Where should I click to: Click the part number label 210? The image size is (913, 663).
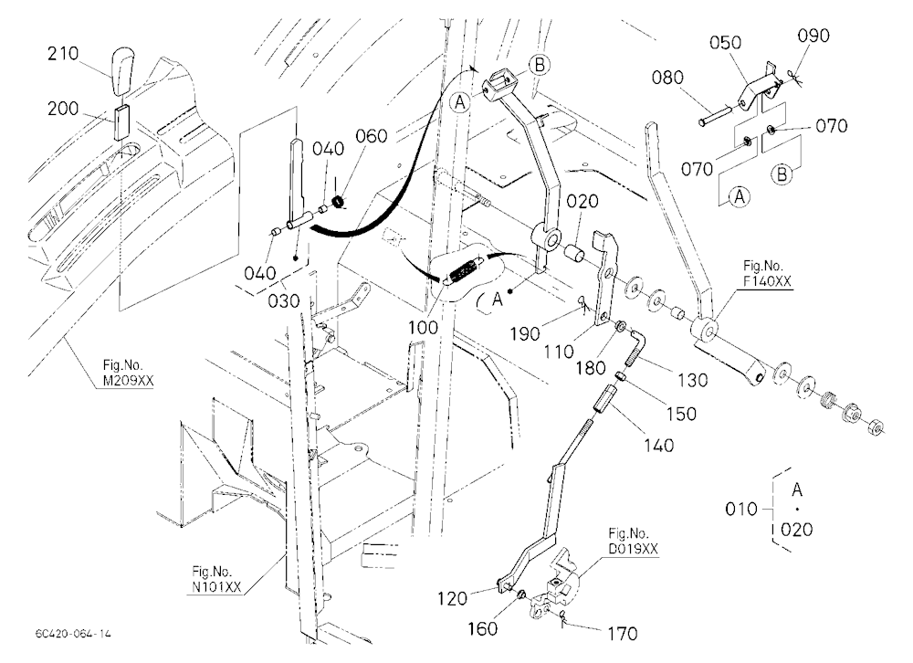(x=63, y=54)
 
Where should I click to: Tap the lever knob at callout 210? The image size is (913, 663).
(x=121, y=71)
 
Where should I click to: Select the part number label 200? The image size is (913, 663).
(x=63, y=109)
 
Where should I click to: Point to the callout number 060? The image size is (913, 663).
(x=371, y=136)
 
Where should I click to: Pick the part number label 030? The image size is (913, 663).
(x=284, y=301)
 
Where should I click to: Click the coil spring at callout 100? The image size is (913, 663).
(x=464, y=272)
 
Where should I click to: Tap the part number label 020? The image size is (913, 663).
(x=582, y=202)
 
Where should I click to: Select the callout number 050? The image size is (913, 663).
(x=726, y=43)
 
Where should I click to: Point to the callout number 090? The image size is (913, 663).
(x=813, y=36)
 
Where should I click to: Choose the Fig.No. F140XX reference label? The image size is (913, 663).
(x=767, y=274)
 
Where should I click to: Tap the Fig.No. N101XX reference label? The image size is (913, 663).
(x=216, y=579)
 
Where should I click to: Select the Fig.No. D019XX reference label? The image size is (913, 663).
(x=633, y=541)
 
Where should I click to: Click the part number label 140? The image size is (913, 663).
(x=658, y=446)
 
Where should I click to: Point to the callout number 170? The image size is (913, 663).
(x=622, y=633)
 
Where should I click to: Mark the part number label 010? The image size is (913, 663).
(x=741, y=510)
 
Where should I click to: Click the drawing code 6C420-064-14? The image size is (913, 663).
(x=73, y=634)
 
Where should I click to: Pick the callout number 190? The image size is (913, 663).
(x=525, y=334)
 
